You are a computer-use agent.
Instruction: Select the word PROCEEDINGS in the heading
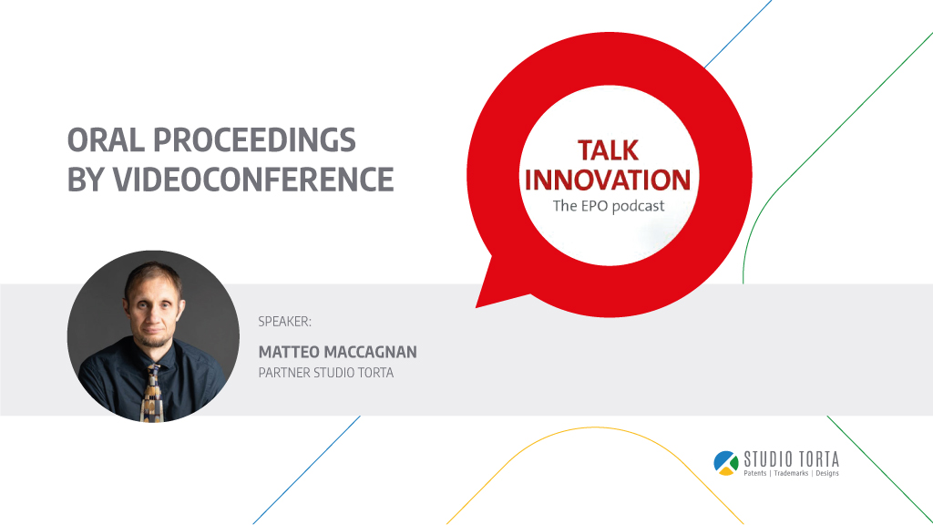(255, 140)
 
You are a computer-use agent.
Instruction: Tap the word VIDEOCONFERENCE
(253, 180)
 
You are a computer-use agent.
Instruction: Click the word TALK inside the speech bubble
(608, 150)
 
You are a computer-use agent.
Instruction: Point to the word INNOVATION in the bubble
(608, 180)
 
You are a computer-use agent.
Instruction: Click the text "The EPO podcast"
(608, 206)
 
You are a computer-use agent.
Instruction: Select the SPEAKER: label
(284, 322)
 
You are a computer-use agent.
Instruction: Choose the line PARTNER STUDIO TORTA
(326, 373)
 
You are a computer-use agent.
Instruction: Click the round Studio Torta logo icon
(726, 463)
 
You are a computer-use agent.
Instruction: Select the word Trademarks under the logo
(791, 473)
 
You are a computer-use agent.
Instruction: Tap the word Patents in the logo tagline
(755, 473)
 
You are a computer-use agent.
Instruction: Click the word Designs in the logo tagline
(827, 473)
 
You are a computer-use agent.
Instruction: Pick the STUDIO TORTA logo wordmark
(792, 459)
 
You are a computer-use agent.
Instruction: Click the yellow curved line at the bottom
(595, 427)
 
